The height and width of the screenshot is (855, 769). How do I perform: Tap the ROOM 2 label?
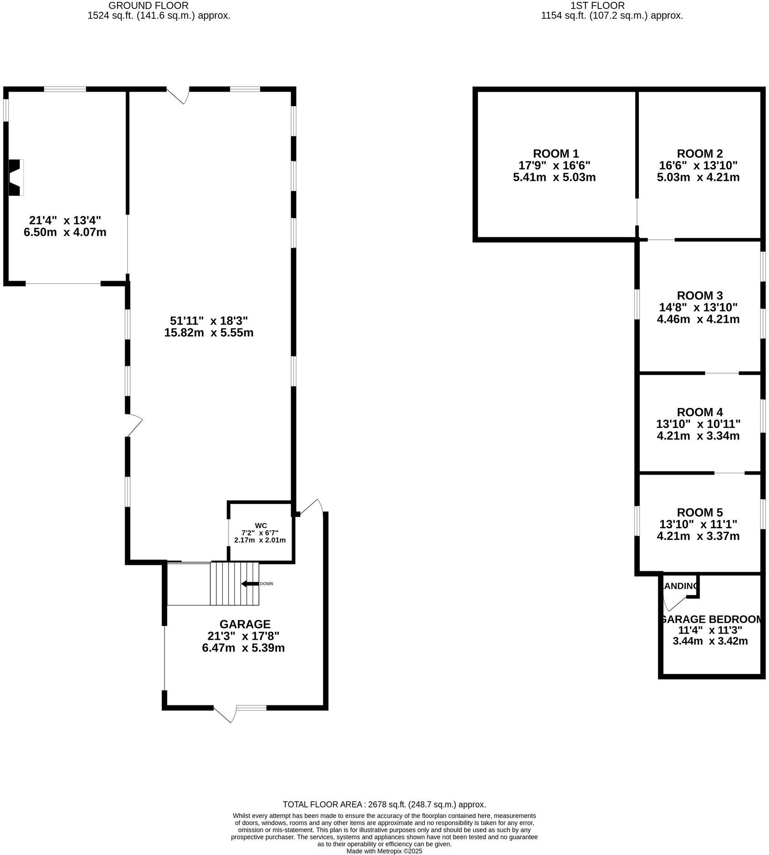pos(699,154)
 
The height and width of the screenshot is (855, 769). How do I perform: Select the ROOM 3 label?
pos(699,296)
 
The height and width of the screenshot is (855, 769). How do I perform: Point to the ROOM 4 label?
pos(699,413)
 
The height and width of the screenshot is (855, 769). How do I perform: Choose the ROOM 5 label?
pos(699,513)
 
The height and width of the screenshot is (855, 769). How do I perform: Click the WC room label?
pos(261,526)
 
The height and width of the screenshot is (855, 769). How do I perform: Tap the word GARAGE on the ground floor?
pos(245,624)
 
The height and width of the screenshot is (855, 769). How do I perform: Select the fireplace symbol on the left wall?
pos(16,178)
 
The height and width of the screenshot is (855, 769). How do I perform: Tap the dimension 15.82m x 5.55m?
pos(209,333)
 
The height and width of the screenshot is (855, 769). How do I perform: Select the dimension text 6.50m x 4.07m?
pos(65,233)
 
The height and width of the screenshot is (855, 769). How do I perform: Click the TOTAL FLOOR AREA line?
pos(384,805)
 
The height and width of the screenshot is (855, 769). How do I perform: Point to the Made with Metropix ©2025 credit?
pos(384,851)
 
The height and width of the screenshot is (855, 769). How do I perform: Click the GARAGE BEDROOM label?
pos(710,619)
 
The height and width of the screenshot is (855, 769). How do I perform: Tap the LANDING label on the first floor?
pos(680,586)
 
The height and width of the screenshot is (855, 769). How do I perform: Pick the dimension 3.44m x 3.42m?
pos(710,641)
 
